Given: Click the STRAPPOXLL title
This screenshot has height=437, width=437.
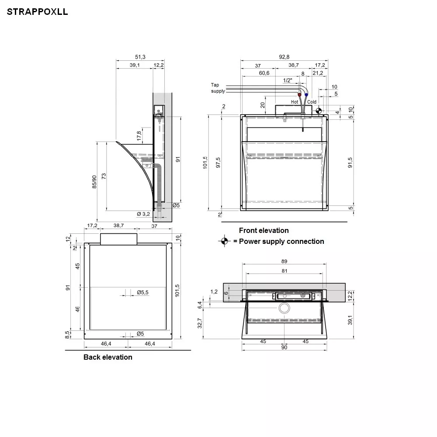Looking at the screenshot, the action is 37,12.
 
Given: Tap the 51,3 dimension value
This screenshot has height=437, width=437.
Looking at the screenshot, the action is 140,57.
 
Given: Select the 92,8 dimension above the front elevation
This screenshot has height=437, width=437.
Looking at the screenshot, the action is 284,57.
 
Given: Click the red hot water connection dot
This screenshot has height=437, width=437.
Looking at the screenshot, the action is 300,95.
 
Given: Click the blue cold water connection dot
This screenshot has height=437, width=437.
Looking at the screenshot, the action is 306,95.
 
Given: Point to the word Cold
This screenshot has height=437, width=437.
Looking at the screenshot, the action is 312,102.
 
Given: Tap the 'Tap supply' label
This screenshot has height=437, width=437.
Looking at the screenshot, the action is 218,88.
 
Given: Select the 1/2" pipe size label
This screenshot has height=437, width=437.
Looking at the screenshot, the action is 288,80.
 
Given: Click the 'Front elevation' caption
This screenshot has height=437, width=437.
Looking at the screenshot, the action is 264,230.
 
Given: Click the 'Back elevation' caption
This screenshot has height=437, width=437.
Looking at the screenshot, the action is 108,357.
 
